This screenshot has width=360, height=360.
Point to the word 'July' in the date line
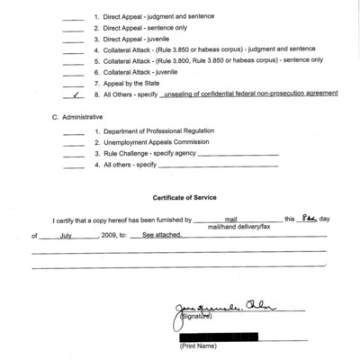coord(71,235)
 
